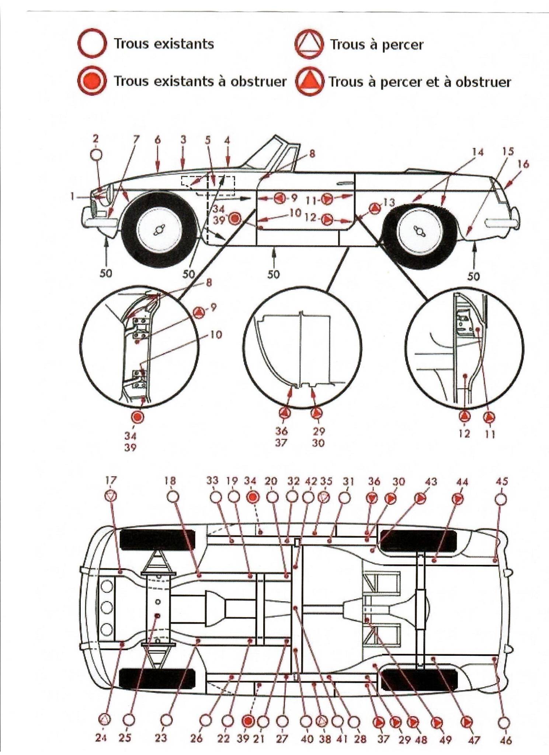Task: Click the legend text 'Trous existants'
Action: click(164, 44)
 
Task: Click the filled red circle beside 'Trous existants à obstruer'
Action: click(92, 81)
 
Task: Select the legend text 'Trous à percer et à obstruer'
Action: click(420, 81)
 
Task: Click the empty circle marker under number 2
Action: click(96, 154)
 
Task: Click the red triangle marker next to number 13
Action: click(375, 208)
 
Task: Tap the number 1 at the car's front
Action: click(73, 196)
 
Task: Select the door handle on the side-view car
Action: click(344, 182)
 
